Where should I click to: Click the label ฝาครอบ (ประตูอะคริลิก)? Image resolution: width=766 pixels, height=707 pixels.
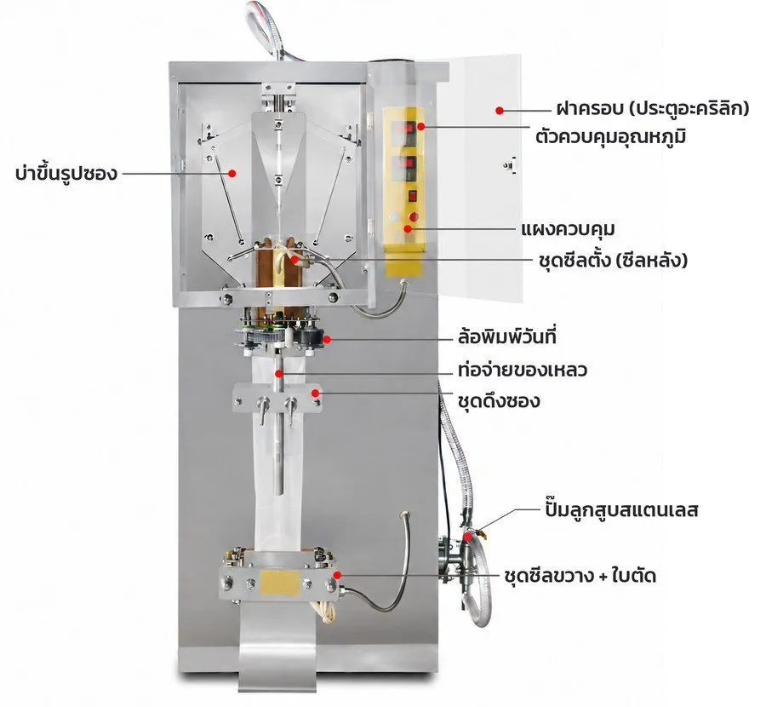(653, 108)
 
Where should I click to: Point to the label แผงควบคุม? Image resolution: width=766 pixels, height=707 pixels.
(569, 229)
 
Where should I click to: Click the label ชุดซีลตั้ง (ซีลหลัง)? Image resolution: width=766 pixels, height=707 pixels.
(613, 261)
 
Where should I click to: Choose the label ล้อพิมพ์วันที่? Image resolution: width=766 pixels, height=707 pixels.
(507, 337)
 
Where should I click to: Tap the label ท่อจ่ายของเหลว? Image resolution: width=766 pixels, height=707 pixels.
(523, 371)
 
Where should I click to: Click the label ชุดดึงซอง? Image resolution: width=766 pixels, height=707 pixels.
(499, 401)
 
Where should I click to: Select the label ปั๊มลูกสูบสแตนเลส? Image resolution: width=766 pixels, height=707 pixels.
(621, 509)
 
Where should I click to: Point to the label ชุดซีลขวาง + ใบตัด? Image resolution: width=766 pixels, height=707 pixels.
(580, 576)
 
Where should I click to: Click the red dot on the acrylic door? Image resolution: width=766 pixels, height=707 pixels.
(500, 111)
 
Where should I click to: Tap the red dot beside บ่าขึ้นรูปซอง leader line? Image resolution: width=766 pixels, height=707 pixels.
(232, 173)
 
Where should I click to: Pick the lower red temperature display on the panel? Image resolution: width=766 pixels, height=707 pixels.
(408, 166)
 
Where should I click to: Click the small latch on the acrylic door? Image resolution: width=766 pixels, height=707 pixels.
(510, 165)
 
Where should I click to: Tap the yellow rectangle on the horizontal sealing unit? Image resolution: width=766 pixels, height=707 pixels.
(280, 582)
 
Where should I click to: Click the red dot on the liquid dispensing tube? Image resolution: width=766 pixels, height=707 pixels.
(279, 374)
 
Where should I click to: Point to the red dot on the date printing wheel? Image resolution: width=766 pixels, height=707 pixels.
(327, 339)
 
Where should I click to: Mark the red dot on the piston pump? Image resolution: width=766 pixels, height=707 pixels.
(467, 537)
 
